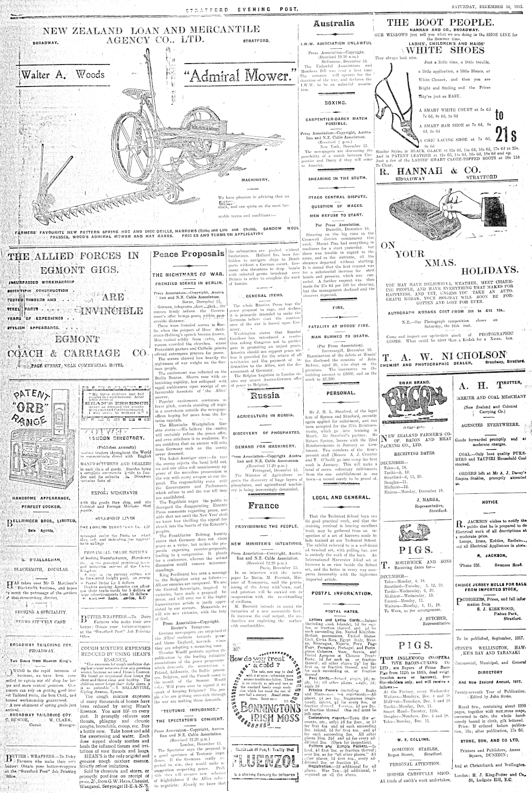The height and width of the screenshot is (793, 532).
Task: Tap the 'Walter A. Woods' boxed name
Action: click(x=61, y=75)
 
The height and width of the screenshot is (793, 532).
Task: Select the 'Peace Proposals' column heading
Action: click(x=188, y=254)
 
